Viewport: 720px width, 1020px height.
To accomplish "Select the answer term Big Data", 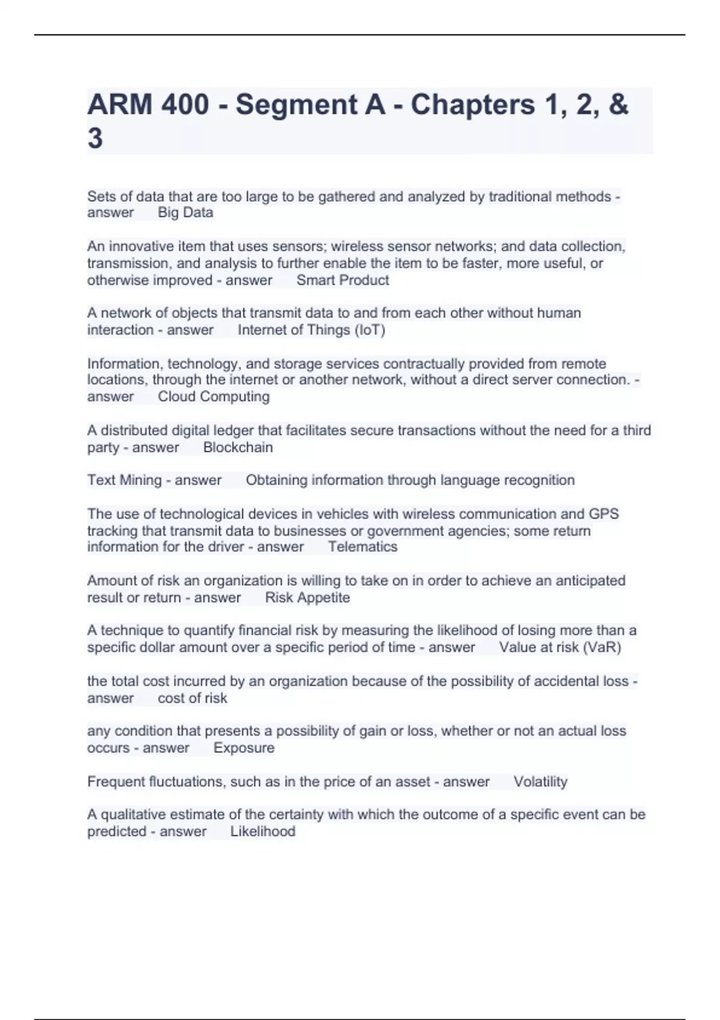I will click(185, 212).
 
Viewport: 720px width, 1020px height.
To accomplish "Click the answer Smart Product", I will click(343, 280).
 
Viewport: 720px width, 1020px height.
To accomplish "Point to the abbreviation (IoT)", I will click(370, 330).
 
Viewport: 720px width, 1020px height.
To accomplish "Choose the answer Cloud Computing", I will click(214, 397).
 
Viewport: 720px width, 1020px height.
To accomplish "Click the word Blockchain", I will click(238, 448).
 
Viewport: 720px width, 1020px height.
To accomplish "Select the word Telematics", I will click(362, 547).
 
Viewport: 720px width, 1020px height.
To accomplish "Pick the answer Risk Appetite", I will click(307, 598).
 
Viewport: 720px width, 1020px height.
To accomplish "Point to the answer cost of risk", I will click(192, 698).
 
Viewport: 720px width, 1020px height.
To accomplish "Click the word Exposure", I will click(244, 748).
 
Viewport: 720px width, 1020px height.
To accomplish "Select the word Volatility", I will click(540, 782).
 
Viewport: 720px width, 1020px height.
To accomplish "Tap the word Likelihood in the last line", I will click(262, 832).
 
